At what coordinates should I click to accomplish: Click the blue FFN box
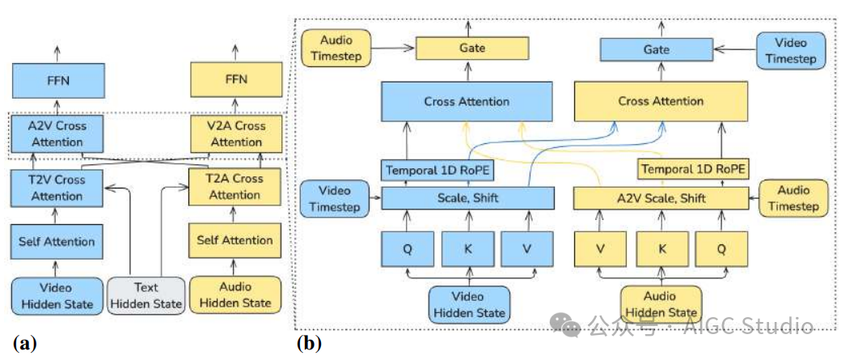tap(55, 81)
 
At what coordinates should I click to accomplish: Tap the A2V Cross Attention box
tap(55, 134)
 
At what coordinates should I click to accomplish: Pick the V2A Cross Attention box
tap(236, 134)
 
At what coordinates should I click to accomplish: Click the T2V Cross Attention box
tap(57, 188)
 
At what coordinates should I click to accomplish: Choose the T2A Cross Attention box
tap(236, 187)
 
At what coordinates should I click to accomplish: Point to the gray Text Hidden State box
tap(146, 296)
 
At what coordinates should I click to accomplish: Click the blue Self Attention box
tap(57, 240)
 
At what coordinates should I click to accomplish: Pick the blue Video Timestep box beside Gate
tap(790, 49)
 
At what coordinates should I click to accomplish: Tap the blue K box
tap(467, 248)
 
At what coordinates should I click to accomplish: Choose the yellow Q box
tap(721, 248)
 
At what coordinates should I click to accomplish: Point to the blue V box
tap(527, 248)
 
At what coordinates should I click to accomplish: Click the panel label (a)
tap(22, 342)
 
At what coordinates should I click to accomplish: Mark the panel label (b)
tap(311, 343)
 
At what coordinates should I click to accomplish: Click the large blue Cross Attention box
tap(467, 102)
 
